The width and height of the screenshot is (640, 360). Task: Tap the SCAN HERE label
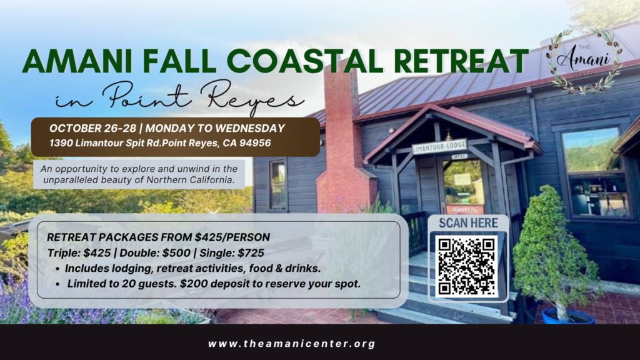click(x=468, y=223)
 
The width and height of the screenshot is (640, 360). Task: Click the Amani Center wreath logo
click(x=584, y=61)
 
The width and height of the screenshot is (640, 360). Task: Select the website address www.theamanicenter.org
click(x=291, y=344)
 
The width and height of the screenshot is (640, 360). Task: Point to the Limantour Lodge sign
click(x=439, y=146)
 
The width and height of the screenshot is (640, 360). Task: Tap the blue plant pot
click(x=569, y=316)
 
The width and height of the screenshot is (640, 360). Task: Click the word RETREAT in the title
click(x=461, y=61)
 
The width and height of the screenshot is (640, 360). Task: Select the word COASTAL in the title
click(x=304, y=61)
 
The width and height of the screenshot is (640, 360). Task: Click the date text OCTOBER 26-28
click(x=92, y=128)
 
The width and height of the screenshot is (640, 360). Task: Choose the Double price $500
click(x=176, y=253)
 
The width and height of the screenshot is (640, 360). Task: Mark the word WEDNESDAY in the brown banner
click(x=250, y=128)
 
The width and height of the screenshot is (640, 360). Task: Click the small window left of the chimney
click(x=278, y=184)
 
